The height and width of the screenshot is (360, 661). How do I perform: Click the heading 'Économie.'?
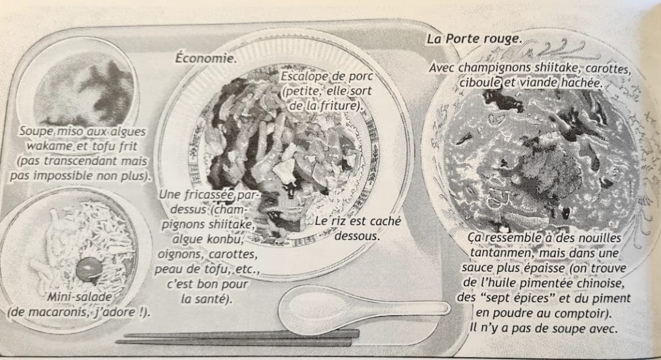(206, 58)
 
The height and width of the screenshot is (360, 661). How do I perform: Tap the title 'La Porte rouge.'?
(473, 39)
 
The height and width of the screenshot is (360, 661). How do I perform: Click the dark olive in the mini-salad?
(86, 268)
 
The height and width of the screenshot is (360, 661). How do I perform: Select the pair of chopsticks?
(236, 336)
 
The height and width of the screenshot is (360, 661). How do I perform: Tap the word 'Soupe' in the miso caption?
(38, 131)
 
